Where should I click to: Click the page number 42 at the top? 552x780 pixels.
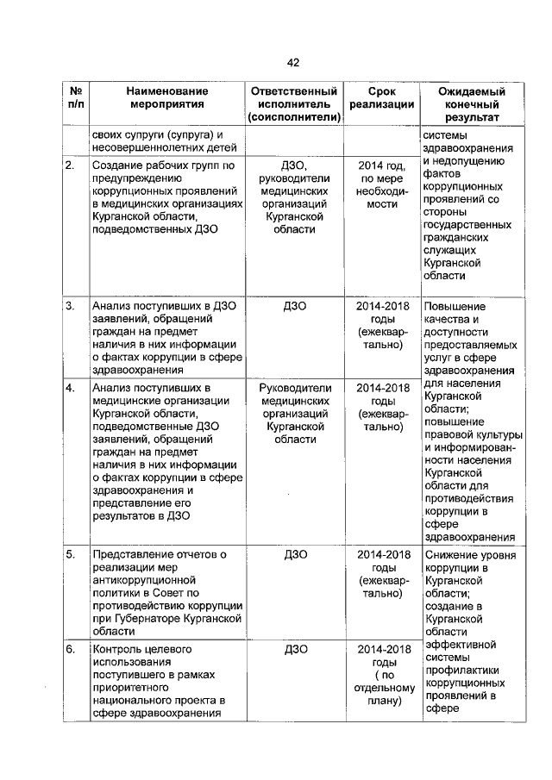point(292,62)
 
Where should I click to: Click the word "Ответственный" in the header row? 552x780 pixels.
point(292,91)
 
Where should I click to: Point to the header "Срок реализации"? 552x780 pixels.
point(382,98)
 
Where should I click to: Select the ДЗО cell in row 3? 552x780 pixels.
point(292,306)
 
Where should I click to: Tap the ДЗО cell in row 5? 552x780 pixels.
point(292,553)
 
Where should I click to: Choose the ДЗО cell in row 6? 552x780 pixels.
point(292,649)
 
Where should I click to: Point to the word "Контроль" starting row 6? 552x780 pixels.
point(119,649)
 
